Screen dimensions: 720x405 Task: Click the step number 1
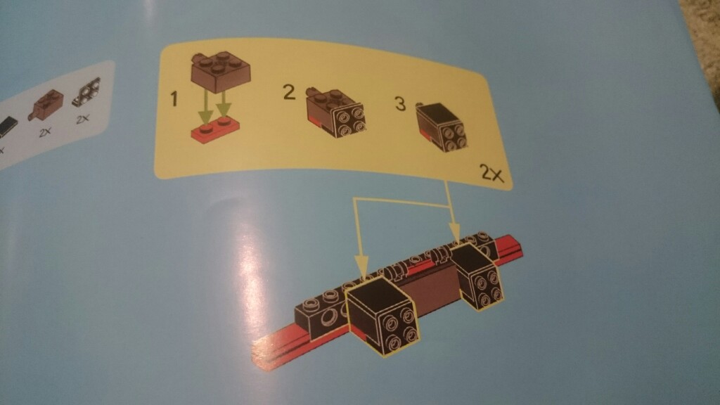tap(174, 98)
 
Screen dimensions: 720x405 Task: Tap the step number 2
tap(289, 92)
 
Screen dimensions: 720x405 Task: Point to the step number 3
tap(400, 103)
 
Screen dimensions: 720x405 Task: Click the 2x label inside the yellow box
tap(491, 174)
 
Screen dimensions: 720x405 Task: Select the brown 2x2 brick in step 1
tap(220, 72)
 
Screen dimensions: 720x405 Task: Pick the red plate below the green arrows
tap(215, 130)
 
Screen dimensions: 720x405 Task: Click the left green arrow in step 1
tap(206, 109)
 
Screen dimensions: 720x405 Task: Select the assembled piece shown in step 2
tap(335, 112)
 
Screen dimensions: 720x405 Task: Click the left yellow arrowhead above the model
tap(361, 269)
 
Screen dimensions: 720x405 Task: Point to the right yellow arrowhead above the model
tap(455, 234)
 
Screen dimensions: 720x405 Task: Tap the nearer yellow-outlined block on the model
tap(383, 316)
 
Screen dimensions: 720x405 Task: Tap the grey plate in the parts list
tap(86, 91)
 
